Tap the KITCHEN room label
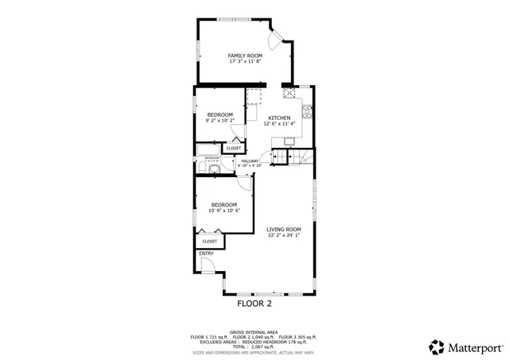[x=279, y=118]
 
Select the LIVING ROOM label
[x=283, y=229]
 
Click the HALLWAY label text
[x=251, y=161]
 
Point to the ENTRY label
[x=206, y=254]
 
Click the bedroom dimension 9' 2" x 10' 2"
[x=220, y=121]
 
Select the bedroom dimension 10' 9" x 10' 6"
[x=224, y=211]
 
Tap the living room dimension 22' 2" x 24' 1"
[x=283, y=235]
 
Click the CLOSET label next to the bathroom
[x=234, y=149]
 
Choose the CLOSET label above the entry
[x=209, y=241]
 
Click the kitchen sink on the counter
[x=288, y=142]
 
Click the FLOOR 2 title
[x=254, y=304]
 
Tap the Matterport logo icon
[x=437, y=347]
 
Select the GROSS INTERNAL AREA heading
[x=254, y=331]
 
